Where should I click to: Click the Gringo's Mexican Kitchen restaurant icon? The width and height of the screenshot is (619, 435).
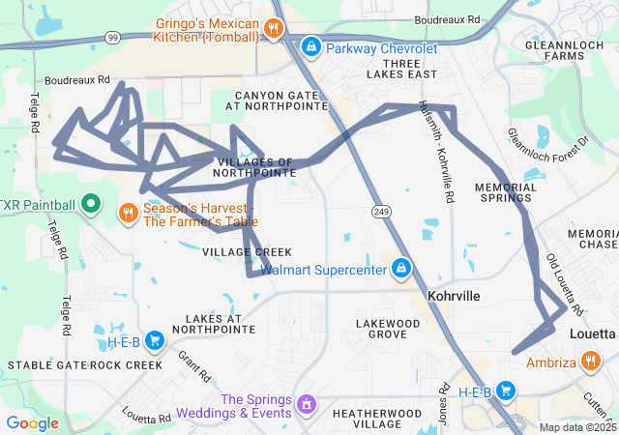[x=275, y=29]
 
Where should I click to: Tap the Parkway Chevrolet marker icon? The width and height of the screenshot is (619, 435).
[x=311, y=45]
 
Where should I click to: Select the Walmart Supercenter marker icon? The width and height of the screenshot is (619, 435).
[x=400, y=268]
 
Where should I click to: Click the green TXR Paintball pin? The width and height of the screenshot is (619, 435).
[x=90, y=204]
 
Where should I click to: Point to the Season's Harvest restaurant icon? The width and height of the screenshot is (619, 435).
[x=128, y=212]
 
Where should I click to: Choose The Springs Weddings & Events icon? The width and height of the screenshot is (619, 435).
[x=307, y=402]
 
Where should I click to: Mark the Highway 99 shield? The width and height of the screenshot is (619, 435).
[x=114, y=37]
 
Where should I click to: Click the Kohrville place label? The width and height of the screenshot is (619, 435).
[x=453, y=296]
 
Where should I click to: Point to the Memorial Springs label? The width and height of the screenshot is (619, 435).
[x=506, y=191]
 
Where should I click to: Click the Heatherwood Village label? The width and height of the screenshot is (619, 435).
[x=372, y=419]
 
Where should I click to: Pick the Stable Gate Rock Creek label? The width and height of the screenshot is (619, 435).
[x=85, y=364]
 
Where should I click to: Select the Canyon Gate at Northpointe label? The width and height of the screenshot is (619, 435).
[x=282, y=101]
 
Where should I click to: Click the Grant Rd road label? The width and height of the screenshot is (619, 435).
[x=194, y=367]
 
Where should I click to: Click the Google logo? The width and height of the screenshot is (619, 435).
[x=32, y=422]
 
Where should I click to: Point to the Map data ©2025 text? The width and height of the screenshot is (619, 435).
[x=577, y=427]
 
